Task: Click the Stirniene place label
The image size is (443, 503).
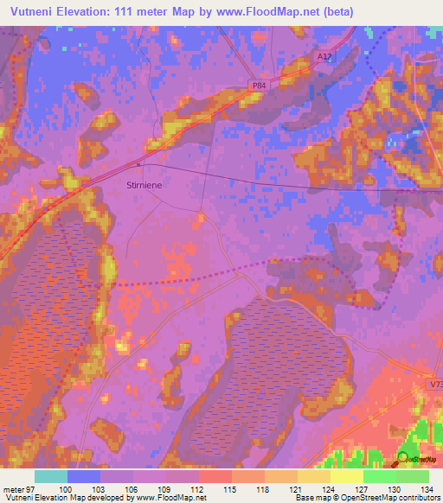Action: pos(145,184)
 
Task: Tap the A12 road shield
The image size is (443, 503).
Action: pos(323,57)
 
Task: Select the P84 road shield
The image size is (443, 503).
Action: pos(260,86)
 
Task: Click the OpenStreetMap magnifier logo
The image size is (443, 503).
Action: pos(403,459)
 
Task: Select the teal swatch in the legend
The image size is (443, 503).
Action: pos(51,476)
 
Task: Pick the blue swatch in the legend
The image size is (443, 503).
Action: pos(84,476)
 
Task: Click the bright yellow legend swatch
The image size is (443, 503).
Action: pos(347,476)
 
